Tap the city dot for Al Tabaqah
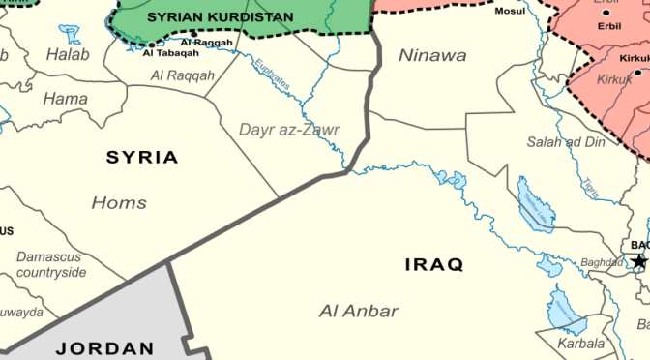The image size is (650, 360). click(x=151, y=44)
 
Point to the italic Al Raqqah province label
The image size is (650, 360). click(x=183, y=75)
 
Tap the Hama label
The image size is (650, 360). click(x=66, y=98)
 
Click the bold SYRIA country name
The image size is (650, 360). click(x=141, y=157)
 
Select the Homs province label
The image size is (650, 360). click(x=119, y=202)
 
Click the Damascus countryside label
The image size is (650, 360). click(x=51, y=264)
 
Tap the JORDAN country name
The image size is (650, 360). click(x=104, y=347)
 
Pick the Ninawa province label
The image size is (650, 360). click(x=432, y=55)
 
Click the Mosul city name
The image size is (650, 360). click(x=510, y=13)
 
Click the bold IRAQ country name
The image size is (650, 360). click(x=434, y=263)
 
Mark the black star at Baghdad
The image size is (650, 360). click(x=638, y=261)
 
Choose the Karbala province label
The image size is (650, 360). click(x=581, y=343)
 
